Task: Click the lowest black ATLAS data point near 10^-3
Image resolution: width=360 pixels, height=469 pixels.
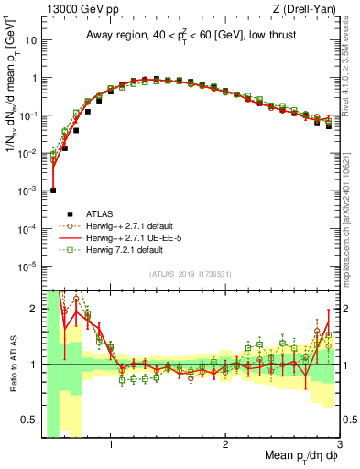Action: tap(53, 191)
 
